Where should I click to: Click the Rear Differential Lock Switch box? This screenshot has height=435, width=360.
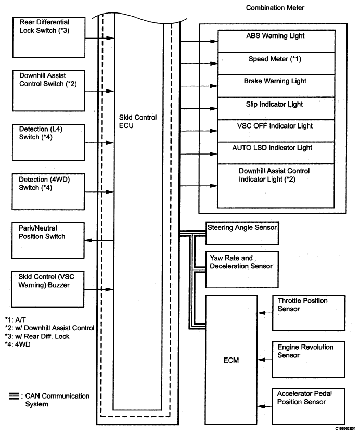[49, 37]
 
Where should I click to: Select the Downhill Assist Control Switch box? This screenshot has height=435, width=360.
[48, 91]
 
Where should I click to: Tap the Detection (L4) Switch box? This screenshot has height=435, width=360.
[48, 143]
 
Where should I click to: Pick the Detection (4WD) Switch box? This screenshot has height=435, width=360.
[48, 191]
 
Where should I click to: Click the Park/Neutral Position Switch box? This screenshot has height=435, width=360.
[48, 240]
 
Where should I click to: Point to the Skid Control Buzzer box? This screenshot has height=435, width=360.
[48, 289]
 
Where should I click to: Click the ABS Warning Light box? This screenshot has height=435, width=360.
[277, 41]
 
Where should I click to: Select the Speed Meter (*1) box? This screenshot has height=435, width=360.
[277, 63]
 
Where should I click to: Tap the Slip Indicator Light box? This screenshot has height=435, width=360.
[276, 108]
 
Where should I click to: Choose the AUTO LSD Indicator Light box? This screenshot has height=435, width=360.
[276, 153]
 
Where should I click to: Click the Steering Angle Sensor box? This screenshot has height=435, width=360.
[242, 233]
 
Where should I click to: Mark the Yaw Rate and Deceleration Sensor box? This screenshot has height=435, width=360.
[242, 270]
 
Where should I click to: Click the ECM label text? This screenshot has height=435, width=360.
[232, 360]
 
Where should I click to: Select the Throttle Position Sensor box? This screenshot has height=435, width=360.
[308, 313]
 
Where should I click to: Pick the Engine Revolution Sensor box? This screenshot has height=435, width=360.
[308, 360]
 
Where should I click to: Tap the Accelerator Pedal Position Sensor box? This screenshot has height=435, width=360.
[308, 406]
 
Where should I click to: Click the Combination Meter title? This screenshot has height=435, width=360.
[275, 8]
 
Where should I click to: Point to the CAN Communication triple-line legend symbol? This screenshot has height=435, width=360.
[14, 396]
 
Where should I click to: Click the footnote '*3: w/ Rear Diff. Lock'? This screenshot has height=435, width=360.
[37, 336]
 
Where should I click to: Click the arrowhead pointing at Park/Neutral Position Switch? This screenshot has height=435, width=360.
[88, 240]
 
